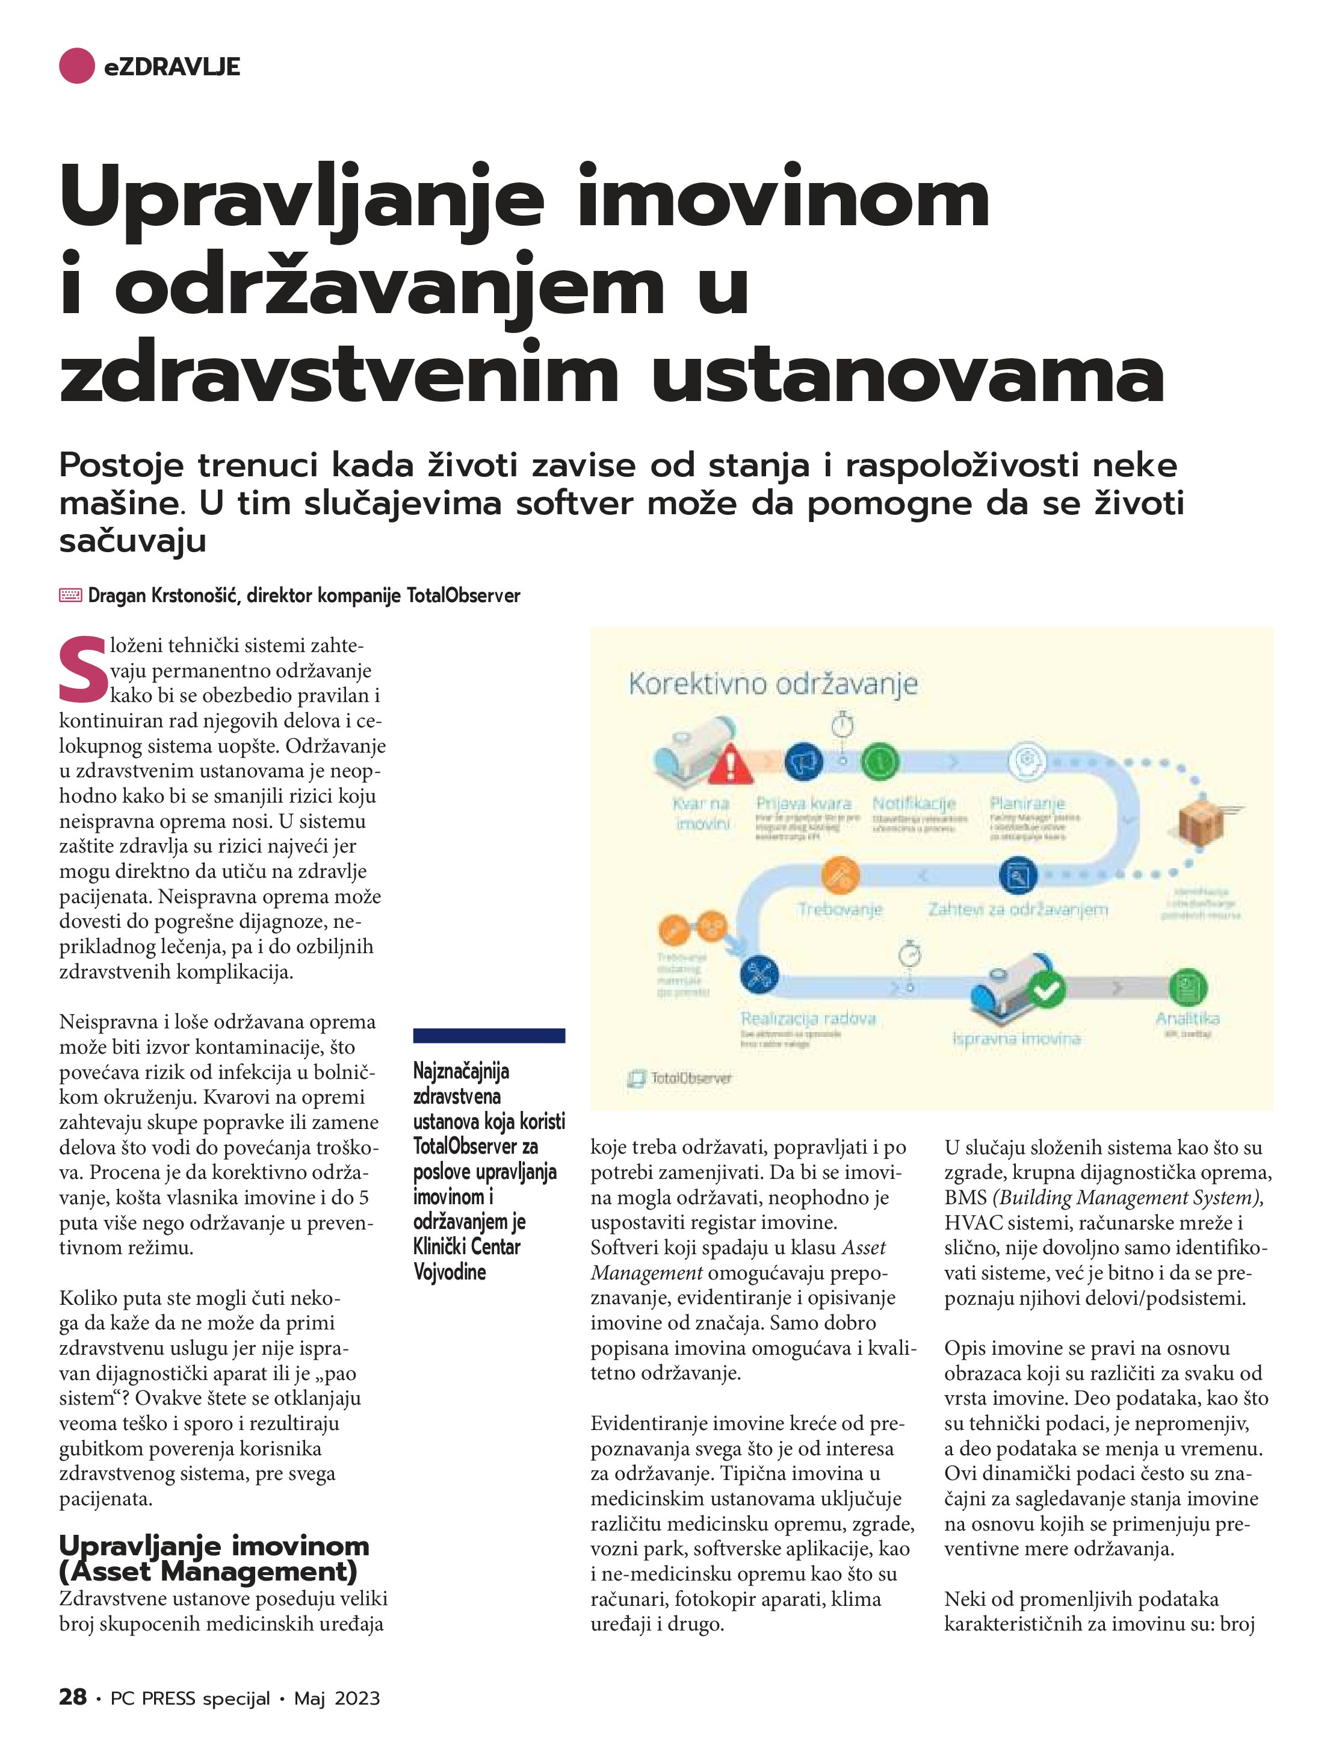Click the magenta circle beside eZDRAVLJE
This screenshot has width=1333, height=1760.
point(77,66)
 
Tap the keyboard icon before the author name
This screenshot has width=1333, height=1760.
point(70,595)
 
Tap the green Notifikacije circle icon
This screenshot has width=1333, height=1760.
point(880,762)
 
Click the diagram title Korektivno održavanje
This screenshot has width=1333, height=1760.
point(773,684)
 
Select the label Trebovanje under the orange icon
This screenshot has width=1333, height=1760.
point(840,909)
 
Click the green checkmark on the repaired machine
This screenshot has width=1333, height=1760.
point(1046,990)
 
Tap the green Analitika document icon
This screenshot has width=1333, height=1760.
point(1187,987)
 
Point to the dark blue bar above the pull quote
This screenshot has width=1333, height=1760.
point(489,1035)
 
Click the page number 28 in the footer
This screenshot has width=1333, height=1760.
point(72,1697)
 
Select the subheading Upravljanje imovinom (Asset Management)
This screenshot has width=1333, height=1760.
point(214,1559)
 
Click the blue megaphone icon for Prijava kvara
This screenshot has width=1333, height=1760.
point(803,762)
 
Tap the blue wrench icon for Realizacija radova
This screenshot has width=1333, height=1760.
point(759,973)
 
